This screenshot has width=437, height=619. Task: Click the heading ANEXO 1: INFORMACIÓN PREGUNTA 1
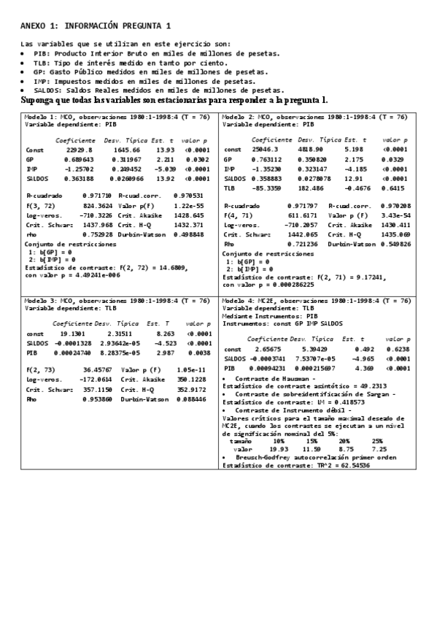point(96,26)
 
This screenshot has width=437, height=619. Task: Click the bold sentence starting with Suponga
point(174,100)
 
